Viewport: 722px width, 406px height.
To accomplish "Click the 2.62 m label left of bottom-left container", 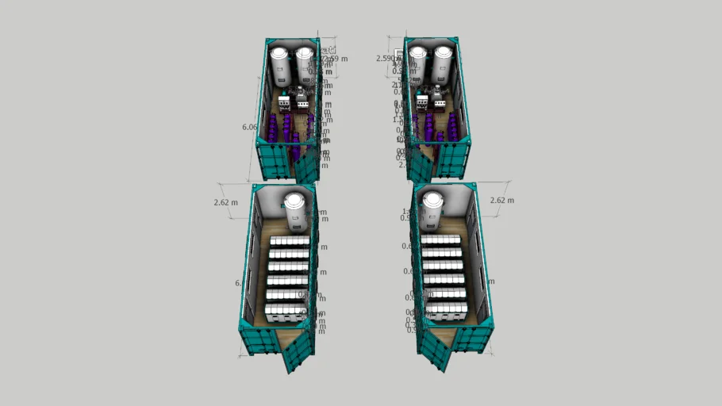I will click(x=226, y=202).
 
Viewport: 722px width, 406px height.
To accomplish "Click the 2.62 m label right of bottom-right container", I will click(x=501, y=200).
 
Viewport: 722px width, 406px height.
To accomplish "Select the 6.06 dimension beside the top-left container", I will click(x=249, y=127).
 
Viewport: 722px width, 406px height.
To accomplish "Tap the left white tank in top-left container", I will click(x=280, y=67).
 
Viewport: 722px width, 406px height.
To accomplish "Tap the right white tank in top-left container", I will click(x=304, y=67).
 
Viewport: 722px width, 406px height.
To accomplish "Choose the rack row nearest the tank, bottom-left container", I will click(x=290, y=241).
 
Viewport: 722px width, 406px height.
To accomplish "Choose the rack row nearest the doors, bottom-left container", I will click(x=286, y=312).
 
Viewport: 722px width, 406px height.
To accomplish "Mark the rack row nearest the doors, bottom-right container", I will click(x=446, y=310).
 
